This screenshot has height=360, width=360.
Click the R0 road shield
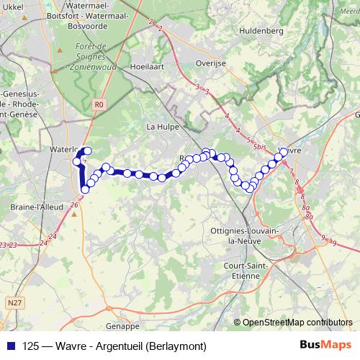coord(99,104)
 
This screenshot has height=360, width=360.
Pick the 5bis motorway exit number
coord(260,146)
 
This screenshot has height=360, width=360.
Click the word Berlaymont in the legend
coord(176,346)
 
